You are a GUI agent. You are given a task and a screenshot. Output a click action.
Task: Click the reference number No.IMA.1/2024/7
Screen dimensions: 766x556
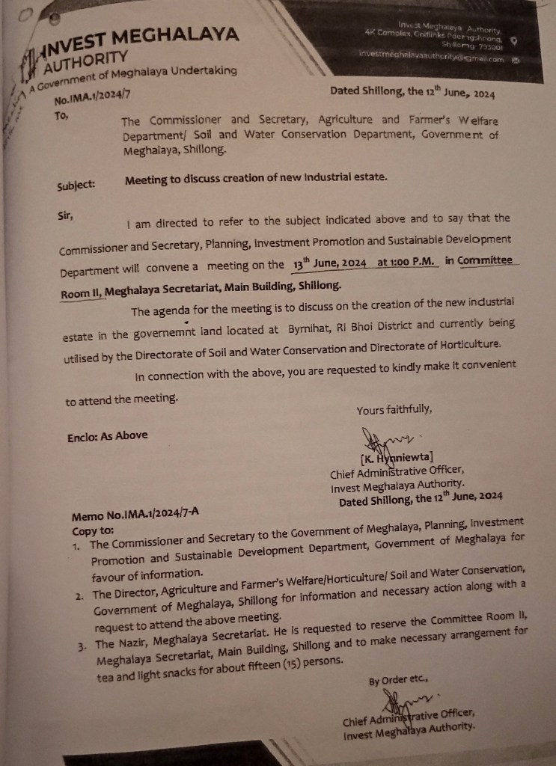(x=93, y=99)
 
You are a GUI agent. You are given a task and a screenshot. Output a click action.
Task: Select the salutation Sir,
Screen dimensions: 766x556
(x=65, y=215)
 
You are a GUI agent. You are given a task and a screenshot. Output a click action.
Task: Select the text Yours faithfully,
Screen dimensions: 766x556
(x=394, y=409)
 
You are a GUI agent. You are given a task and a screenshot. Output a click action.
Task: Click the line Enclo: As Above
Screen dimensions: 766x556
(x=107, y=435)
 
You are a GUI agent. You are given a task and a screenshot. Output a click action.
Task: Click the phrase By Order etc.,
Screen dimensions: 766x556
(x=397, y=681)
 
